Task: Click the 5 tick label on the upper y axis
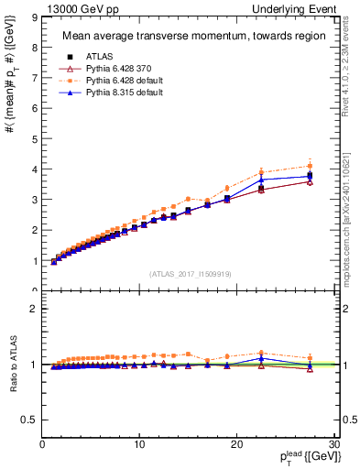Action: click(33, 139)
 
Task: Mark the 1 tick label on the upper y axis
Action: click(33, 261)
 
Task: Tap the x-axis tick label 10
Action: click(139, 444)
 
